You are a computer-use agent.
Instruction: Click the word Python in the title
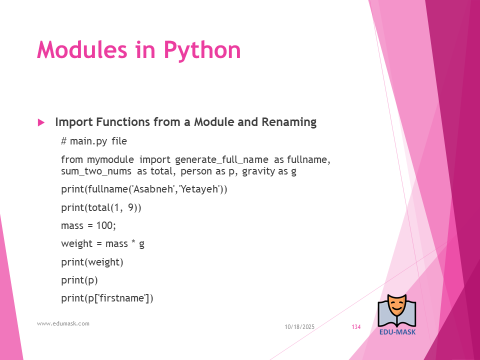point(202,50)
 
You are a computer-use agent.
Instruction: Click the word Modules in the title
point(82,49)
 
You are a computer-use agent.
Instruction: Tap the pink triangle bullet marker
point(41,123)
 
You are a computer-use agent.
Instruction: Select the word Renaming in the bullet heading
point(289,122)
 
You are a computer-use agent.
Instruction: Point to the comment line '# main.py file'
point(94,141)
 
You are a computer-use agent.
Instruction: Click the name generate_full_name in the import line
point(221,160)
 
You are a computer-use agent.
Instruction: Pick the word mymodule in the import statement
point(110,160)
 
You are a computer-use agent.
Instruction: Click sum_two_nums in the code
point(96,171)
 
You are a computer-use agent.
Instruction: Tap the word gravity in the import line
point(258,171)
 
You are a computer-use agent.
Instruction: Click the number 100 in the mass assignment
point(104,225)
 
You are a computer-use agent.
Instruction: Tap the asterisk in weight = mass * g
point(133,242)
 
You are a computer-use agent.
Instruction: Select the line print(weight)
point(92,262)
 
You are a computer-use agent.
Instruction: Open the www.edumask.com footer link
point(63,323)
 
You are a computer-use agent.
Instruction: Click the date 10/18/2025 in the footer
point(299,327)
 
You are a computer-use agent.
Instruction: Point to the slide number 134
point(356,327)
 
